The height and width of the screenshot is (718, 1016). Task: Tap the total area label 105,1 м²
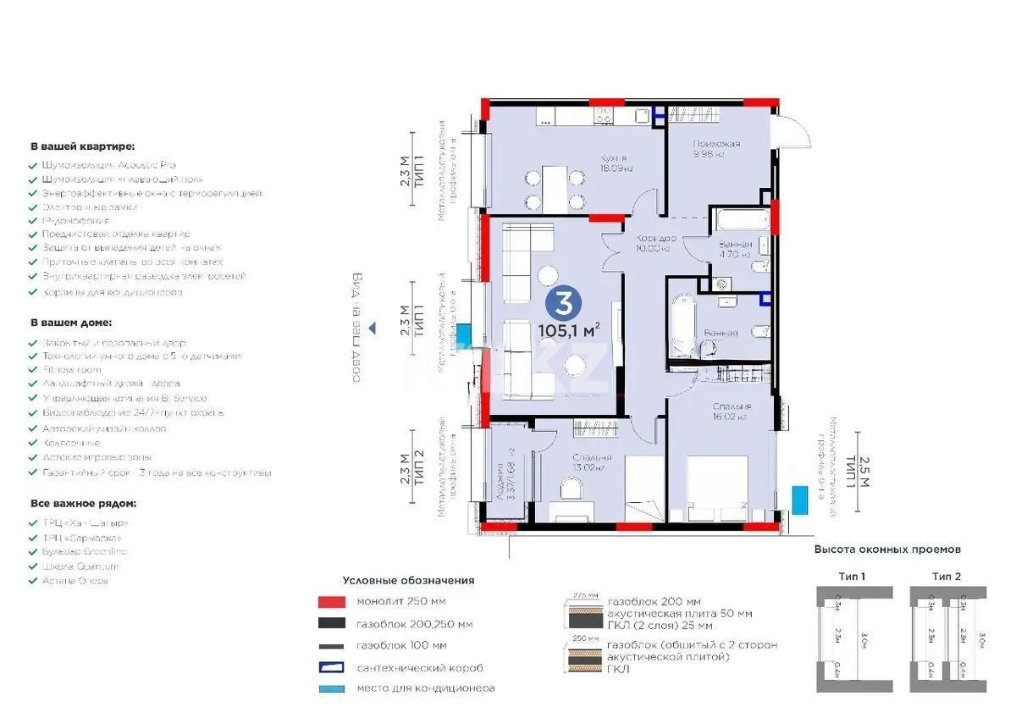(569, 330)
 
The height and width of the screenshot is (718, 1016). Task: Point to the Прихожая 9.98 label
(715, 148)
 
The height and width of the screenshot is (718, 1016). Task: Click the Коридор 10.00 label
(654, 244)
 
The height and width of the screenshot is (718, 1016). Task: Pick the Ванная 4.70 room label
(734, 249)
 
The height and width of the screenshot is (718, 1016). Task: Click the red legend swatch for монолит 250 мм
(332, 602)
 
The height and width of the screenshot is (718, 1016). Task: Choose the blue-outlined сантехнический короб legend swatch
(332, 667)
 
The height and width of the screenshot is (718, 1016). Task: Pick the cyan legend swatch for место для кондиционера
(332, 688)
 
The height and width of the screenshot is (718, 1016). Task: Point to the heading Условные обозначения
(408, 581)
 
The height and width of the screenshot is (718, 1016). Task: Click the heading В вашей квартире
(82, 146)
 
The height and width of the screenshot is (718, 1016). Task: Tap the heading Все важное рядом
(83, 503)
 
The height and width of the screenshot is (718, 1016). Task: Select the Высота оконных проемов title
(887, 549)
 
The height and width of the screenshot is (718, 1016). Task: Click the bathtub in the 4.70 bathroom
(740, 220)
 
